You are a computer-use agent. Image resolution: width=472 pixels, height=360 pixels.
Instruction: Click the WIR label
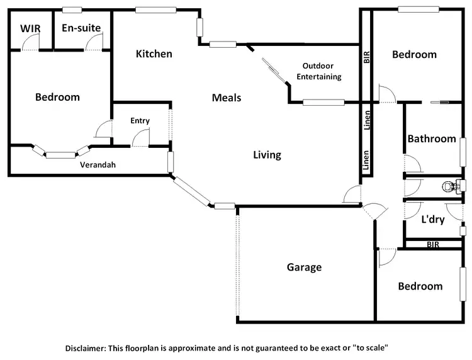tap(30, 28)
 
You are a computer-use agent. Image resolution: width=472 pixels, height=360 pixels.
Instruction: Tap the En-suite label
tap(82, 28)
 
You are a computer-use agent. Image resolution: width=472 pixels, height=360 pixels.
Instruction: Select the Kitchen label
tap(154, 53)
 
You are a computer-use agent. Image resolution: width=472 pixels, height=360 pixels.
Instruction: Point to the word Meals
tap(227, 98)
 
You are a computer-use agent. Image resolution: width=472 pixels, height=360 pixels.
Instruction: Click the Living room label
tap(267, 155)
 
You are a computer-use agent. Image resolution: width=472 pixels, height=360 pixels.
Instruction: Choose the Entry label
tap(140, 120)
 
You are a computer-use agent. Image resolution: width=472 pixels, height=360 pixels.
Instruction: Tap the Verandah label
tap(98, 165)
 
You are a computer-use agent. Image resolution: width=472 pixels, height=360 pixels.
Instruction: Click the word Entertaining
tap(320, 77)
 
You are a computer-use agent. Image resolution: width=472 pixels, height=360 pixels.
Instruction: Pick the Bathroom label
tap(431, 138)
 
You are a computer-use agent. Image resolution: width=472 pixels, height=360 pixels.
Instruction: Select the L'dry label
tap(433, 220)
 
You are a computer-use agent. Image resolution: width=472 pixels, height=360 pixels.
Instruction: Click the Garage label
tap(304, 267)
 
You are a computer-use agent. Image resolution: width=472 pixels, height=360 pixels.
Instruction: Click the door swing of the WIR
tap(30, 42)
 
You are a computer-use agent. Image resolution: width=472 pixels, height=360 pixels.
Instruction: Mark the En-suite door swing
tap(94, 43)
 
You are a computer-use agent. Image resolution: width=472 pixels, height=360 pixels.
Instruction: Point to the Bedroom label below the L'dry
tap(420, 286)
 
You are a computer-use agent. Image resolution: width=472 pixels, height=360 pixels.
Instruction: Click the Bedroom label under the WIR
tap(57, 97)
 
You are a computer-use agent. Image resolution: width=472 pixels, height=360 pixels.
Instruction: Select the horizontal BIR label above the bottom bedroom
tap(433, 244)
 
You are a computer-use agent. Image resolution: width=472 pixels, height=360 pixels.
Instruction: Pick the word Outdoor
tap(318, 66)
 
